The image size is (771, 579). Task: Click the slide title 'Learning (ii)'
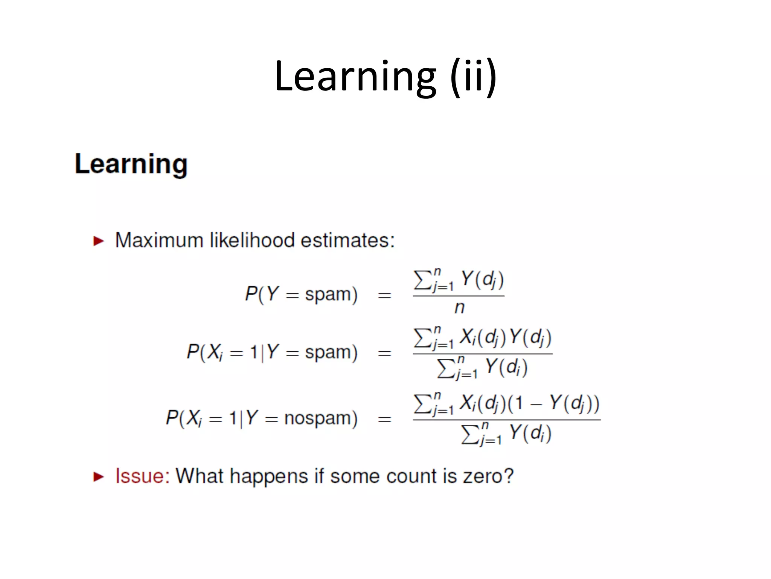pos(385,77)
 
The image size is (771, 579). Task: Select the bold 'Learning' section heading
pos(131,164)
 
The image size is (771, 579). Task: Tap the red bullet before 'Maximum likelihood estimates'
pos(98,240)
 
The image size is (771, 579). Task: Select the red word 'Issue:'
pos(142,476)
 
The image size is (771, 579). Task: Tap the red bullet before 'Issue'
pos(98,476)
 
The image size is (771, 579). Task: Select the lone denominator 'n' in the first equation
pos(459,308)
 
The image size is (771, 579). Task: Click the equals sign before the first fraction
pos(384,295)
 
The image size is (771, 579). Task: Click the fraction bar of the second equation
pos(482,354)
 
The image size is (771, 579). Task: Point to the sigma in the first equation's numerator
pos(422,280)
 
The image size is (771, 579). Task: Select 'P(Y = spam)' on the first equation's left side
pos(301,294)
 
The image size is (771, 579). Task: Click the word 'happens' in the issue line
pos(269,476)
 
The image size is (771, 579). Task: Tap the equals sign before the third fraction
pos(384,419)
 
